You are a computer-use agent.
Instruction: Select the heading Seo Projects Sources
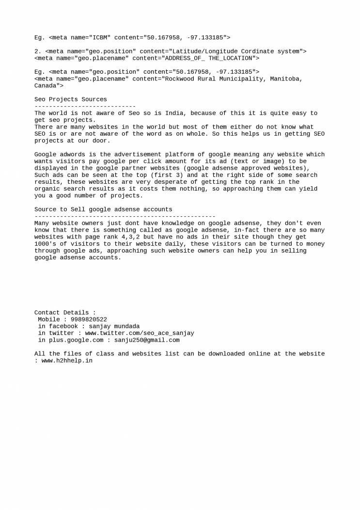point(71,99)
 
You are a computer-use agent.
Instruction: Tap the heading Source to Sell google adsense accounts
point(103,209)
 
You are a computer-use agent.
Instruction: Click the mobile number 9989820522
point(89,319)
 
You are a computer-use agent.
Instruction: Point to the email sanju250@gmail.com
point(147,340)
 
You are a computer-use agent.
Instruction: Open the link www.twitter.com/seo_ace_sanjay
point(140,334)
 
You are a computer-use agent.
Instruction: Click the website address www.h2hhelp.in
point(67,361)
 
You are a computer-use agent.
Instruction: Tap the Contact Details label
point(65,313)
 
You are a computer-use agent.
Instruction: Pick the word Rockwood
point(181,79)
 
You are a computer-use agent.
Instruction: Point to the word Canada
point(45,85)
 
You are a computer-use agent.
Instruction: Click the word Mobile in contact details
point(49,319)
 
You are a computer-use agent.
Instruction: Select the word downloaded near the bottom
point(227,354)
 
